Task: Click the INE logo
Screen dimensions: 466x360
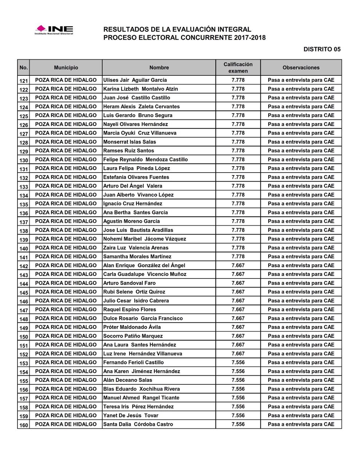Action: tap(54, 30)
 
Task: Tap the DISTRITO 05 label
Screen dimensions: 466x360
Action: tap(322, 50)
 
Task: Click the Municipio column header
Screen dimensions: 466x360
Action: tap(66, 68)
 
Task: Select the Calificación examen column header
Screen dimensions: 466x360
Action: tap(238, 68)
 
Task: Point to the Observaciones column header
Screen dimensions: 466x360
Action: tap(301, 68)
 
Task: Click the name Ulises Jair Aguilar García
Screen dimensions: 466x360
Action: tap(135, 80)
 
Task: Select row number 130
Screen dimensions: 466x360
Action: tap(24, 160)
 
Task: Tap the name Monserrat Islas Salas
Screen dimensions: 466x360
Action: tap(130, 142)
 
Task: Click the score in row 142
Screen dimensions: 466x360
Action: tap(238, 265)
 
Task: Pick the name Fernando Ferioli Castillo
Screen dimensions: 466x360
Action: tap(134, 363)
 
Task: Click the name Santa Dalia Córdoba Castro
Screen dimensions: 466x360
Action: tap(138, 424)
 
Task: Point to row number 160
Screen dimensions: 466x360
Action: tap(24, 425)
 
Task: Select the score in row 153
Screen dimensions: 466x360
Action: tap(238, 363)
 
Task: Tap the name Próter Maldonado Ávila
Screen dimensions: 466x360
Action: tap(132, 327)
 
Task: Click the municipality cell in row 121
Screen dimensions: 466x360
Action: tap(66, 80)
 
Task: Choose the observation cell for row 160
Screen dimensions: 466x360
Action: tap(301, 424)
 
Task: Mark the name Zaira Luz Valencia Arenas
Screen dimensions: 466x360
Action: tap(136, 248)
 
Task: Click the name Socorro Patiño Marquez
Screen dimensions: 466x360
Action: tap(133, 336)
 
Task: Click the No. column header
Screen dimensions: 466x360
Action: tap(24, 68)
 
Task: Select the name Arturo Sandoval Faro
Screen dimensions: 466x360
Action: tap(129, 283)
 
